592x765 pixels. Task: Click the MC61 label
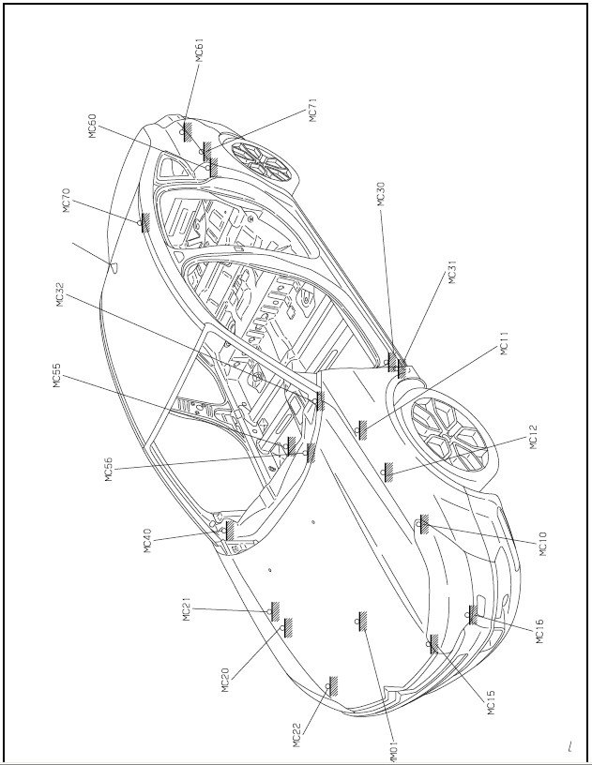pos(200,51)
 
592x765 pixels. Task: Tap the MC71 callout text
pos(313,111)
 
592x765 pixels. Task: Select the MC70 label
pos(68,201)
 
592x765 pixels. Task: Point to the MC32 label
pos(61,295)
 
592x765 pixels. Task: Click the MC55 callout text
pos(57,376)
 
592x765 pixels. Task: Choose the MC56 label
pos(109,470)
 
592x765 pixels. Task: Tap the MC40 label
pos(148,541)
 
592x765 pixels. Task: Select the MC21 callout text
pos(187,609)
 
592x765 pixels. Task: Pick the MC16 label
pos(539,631)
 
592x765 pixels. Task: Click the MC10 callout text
pos(544,544)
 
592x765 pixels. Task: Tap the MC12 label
pos(533,437)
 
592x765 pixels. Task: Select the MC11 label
pos(505,343)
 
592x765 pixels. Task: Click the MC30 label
pos(382,194)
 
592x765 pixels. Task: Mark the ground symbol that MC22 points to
pos(332,686)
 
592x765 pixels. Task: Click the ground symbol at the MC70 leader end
pos(144,223)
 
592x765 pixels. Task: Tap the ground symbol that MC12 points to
pos(387,472)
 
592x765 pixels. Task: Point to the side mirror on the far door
pos(114,266)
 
